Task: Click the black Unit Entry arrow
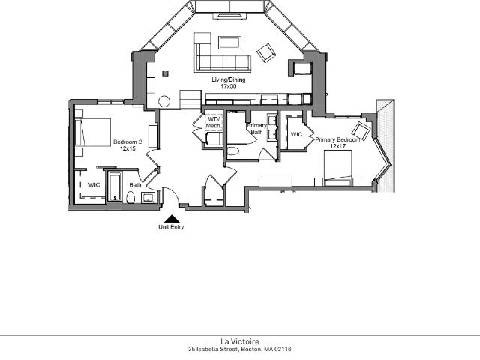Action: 172,219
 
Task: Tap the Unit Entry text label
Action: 171,227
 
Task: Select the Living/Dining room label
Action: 229,79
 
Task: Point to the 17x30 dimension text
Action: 229,86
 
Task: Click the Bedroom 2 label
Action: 127,142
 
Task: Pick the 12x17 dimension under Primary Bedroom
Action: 337,146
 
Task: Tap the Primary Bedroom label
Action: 337,139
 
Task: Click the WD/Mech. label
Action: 214,122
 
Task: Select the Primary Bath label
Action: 256,129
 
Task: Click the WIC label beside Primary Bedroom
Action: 296,134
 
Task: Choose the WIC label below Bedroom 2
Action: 94,185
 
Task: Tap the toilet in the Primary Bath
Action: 233,151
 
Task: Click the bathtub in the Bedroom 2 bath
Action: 115,187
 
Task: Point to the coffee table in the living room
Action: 230,43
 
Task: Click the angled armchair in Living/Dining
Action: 266,53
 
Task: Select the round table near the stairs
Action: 164,101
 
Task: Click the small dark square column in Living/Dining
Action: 165,73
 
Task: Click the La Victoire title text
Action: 240,341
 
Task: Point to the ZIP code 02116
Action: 283,349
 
